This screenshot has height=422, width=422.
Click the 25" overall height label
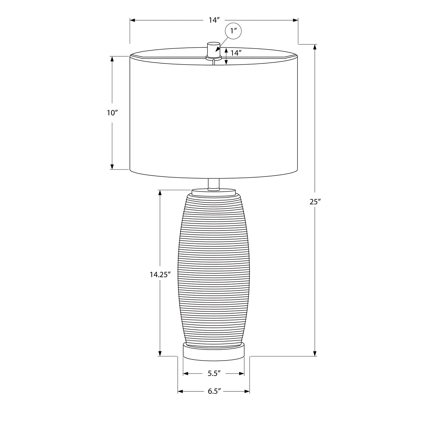coord(315,202)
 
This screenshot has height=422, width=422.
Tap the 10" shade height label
coord(112,113)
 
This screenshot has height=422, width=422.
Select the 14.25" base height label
coord(160,275)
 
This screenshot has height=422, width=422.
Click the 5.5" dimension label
coord(214,373)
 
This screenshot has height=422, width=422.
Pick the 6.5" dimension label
coord(214,391)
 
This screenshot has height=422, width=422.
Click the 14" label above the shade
coord(214,20)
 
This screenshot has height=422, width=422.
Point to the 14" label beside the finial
coord(236,53)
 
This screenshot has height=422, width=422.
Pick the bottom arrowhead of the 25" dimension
coord(315,353)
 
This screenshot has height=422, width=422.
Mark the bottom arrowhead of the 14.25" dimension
coord(160,353)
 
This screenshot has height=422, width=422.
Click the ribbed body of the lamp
coord(214,267)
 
